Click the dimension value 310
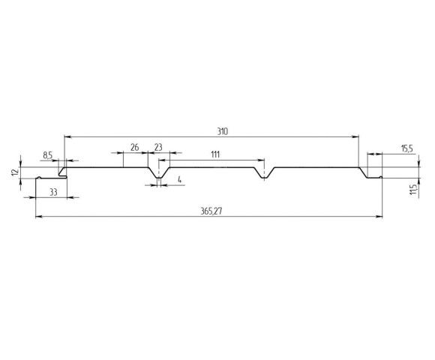pyautogui.click(x=222, y=131)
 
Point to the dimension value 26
pyautogui.click(x=135, y=147)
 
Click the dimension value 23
pyautogui.click(x=158, y=147)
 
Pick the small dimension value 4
pyautogui.click(x=180, y=179)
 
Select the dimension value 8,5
pyautogui.click(x=48, y=154)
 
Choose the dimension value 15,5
pyautogui.click(x=407, y=149)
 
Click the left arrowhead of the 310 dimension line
pyautogui.click(x=67, y=136)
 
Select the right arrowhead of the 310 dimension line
pyautogui.click(x=357, y=136)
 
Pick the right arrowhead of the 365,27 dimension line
pyautogui.click(x=380, y=217)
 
